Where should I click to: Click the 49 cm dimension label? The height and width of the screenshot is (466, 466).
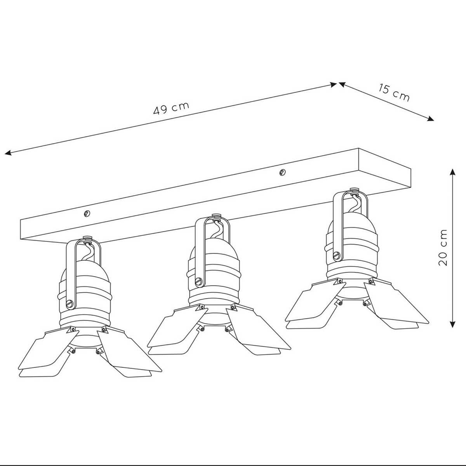[x=171, y=108]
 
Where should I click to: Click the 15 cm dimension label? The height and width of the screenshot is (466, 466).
[x=394, y=93]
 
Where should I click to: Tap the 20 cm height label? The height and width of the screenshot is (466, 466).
[x=443, y=248]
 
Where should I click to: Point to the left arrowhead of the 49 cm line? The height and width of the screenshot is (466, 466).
[x=8, y=152]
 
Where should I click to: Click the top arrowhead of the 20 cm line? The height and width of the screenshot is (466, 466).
[x=452, y=172]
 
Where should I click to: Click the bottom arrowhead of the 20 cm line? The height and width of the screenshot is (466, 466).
[x=452, y=324]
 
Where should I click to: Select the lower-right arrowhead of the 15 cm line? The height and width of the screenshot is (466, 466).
[x=430, y=119]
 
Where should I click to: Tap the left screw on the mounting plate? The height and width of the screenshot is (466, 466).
[x=87, y=213]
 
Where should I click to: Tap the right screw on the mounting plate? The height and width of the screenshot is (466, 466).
[x=282, y=172]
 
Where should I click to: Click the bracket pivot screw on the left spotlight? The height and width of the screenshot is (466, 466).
[x=70, y=304]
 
